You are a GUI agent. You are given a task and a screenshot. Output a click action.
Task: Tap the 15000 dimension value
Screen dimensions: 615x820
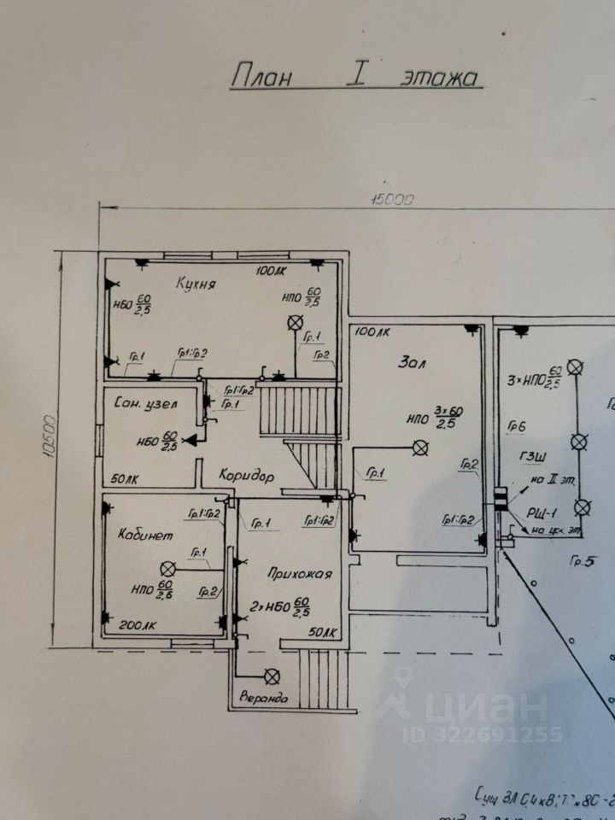pos(391,200)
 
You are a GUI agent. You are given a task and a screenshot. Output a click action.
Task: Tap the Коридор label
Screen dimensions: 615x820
pos(245,476)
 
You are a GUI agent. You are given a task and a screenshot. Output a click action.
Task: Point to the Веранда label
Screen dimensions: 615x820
pos(263,698)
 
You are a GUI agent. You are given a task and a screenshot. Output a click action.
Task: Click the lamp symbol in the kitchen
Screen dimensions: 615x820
pos(296,322)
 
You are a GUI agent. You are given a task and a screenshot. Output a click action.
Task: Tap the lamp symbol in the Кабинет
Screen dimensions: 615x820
pos(168,568)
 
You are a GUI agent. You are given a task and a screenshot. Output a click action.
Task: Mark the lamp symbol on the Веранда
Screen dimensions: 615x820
pos(272,676)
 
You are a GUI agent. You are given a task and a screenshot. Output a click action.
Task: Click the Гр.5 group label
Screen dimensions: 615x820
pos(583,561)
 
